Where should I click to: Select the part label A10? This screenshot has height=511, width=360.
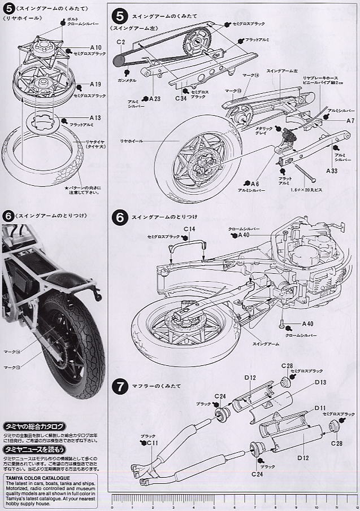[x=95, y=47]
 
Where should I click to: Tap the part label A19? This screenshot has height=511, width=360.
[x=95, y=84]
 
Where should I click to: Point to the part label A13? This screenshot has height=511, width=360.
[x=95, y=118]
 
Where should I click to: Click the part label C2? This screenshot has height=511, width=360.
[x=121, y=42]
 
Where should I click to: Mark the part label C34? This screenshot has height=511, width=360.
[x=181, y=98]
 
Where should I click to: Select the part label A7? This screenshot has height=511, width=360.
[x=350, y=121]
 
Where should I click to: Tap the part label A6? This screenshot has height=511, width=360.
[x=255, y=184]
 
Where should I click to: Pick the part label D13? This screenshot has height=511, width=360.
[x=320, y=382]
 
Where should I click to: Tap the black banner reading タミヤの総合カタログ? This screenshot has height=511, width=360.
[x=34, y=426]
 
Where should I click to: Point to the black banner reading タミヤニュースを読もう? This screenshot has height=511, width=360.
[x=34, y=449]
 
